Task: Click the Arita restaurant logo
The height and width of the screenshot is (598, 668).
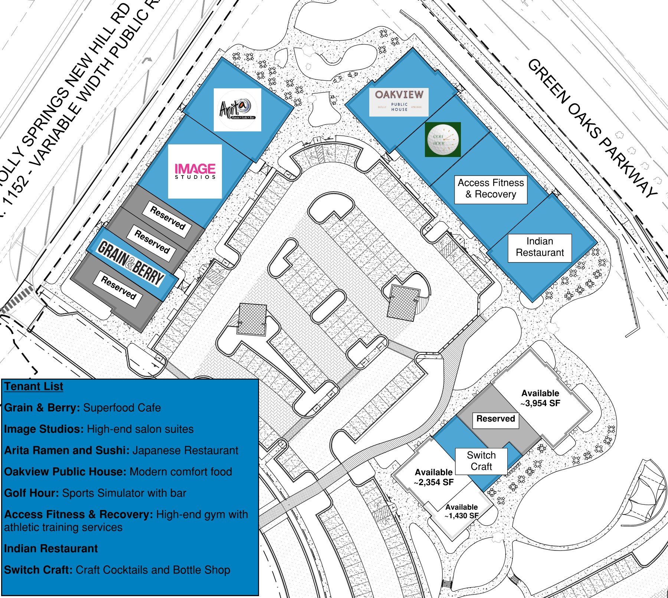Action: [238, 110]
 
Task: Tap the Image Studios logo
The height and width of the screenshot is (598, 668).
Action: [195, 171]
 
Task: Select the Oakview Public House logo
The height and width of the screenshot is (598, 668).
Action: [399, 102]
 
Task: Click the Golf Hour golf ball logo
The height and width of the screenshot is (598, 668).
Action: [443, 140]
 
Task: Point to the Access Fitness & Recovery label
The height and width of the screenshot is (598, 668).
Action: [491, 189]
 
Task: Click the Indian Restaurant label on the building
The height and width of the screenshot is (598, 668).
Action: [540, 247]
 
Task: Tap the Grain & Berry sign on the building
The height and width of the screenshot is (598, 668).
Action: [131, 263]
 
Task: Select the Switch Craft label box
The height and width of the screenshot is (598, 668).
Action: [481, 461]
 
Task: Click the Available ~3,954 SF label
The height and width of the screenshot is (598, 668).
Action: [540, 398]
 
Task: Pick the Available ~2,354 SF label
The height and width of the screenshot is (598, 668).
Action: [434, 477]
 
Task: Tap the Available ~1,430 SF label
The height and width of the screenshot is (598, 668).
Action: [462, 511]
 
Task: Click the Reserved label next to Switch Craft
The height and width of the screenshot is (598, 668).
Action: [495, 419]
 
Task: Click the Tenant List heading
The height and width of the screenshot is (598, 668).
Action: [34, 386]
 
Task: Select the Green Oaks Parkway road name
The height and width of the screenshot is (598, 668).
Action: [592, 128]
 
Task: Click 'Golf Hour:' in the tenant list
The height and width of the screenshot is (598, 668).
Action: [32, 493]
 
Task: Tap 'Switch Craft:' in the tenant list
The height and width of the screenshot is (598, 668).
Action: [38, 570]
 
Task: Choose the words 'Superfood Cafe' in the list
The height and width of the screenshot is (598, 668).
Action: [122, 408]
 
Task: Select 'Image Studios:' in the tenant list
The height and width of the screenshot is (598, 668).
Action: [44, 429]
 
